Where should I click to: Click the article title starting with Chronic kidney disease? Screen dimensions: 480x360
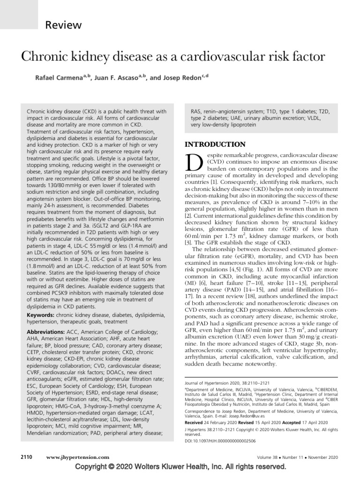click(173, 57)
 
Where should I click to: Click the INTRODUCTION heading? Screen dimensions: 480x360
click(215, 144)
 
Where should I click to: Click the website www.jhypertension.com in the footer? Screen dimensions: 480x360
click(78, 457)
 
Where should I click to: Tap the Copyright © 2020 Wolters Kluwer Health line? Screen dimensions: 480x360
click(180, 467)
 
